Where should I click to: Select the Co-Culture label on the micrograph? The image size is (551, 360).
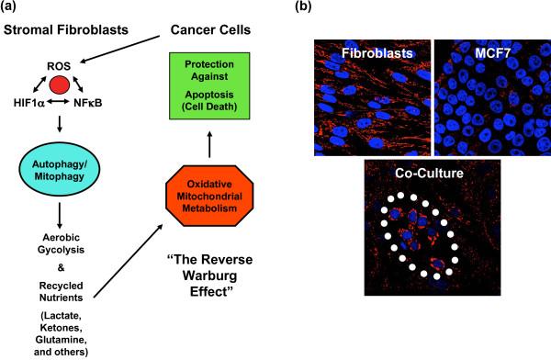(x=428, y=174)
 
